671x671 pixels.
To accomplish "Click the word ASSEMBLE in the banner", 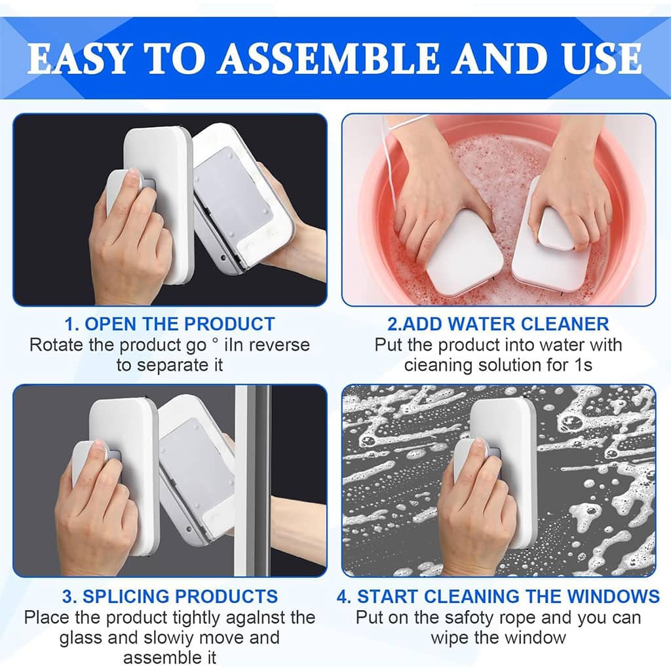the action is pos(329,58).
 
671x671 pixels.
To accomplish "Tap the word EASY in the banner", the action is pos(78,58).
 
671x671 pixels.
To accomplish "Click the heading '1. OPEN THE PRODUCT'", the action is pos(170,324).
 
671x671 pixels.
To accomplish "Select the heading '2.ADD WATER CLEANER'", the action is pos(498,324).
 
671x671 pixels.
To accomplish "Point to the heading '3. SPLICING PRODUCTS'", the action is pos(170,596).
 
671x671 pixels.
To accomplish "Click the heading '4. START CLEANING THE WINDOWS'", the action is pos(498,596).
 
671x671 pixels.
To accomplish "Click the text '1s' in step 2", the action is pos(584,365).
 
